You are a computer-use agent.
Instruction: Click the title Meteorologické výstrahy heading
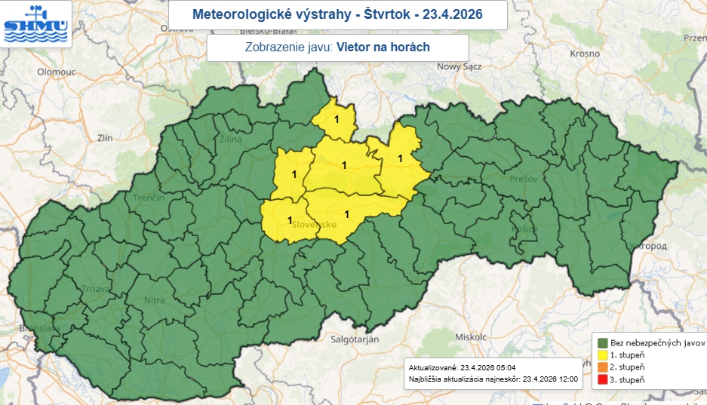pyautogui.click(x=337, y=14)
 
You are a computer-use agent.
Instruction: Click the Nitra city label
pyautogui.click(x=154, y=301)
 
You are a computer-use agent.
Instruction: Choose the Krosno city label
pyautogui.click(x=586, y=55)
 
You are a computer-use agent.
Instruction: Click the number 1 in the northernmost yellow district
pyautogui.click(x=337, y=118)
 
